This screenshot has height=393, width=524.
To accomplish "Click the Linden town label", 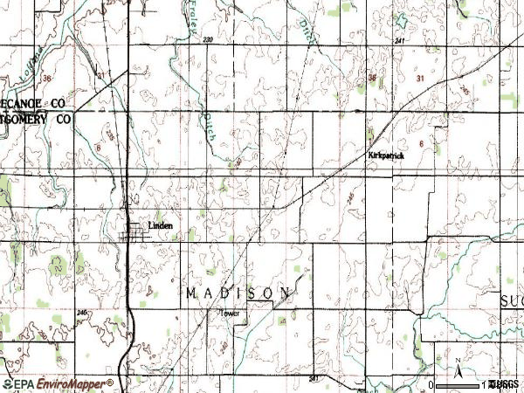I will coord(160,225).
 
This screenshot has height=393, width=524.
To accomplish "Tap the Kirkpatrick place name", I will coord(385,155).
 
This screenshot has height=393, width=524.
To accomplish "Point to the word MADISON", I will coord(238,293).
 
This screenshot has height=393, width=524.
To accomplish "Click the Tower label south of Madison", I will coord(229,313).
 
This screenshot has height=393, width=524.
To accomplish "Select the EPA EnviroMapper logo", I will coord(58,383).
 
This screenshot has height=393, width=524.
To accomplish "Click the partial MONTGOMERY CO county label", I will coord(35,117).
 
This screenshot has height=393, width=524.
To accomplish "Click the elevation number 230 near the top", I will coord(207,41).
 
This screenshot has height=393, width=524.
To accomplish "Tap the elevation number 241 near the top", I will coord(400,41).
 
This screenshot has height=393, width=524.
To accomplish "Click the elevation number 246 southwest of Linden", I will coord(82,312).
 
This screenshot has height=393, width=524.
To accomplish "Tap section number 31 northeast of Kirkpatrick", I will coord(421,79).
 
